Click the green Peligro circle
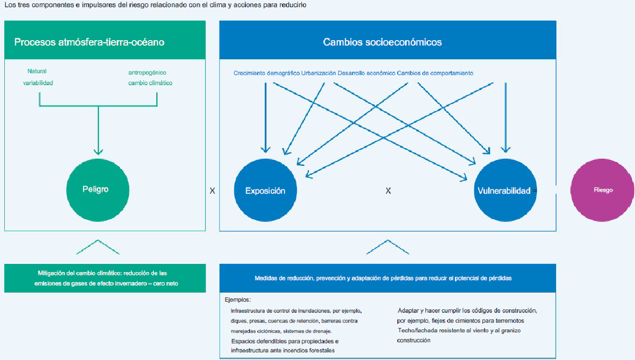pyautogui.click(x=98, y=190)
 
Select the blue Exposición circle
pyautogui.click(x=265, y=190)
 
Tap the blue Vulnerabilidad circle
pyautogui.click(x=505, y=190)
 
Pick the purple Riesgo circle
pyautogui.click(x=602, y=190)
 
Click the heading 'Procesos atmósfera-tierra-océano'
pyautogui.click(x=89, y=42)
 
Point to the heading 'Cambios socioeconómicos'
pyautogui.click(x=382, y=42)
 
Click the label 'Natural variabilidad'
pyautogui.click(x=38, y=77)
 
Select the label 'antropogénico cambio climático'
pyautogui.click(x=150, y=77)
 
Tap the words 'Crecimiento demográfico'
pyautogui.click(x=266, y=73)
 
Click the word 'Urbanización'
pyautogui.click(x=318, y=73)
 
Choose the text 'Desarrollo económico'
pyautogui.click(x=366, y=73)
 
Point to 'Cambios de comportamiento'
pyautogui.click(x=435, y=73)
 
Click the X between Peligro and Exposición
pyautogui.click(x=212, y=191)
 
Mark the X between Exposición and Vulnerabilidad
pyautogui.click(x=388, y=191)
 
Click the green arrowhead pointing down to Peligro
pyautogui.click(x=99, y=152)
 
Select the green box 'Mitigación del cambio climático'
pyautogui.click(x=105, y=278)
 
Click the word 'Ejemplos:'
pyautogui.click(x=238, y=300)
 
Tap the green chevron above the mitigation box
pyautogui.click(x=98, y=247)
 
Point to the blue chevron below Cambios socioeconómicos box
pyautogui.click(x=387, y=247)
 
